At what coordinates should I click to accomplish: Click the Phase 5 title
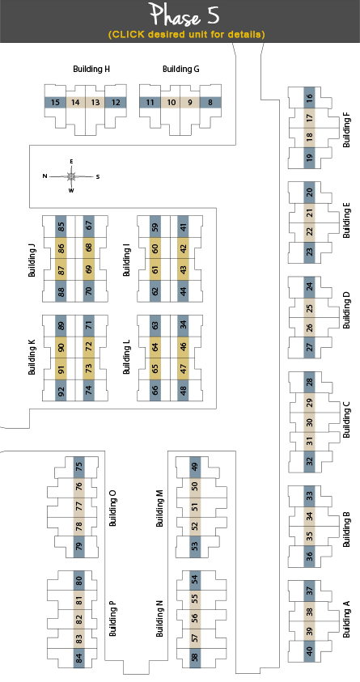pos(184,15)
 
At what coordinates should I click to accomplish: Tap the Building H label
pos(91,69)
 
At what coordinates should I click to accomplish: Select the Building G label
pos(181,69)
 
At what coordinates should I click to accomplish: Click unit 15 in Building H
pos(55,103)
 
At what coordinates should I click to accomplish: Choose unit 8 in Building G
pos(210,103)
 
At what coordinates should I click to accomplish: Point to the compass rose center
pos(71,176)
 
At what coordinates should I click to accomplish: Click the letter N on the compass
pos(44,176)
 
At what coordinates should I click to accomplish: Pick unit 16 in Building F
pos(309,98)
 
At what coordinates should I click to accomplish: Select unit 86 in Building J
pos(61,248)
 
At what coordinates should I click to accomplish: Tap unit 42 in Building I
pos(183,248)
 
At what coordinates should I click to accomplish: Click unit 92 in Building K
pos(61,390)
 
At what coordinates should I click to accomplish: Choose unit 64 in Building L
pos(155,348)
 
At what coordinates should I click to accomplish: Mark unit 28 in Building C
pos(309,383)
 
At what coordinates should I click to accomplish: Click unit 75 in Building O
pos(78,467)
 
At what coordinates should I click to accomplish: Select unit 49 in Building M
pos(195,467)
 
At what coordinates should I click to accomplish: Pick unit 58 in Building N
pos(195,657)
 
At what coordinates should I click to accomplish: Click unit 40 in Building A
pos(309,651)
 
